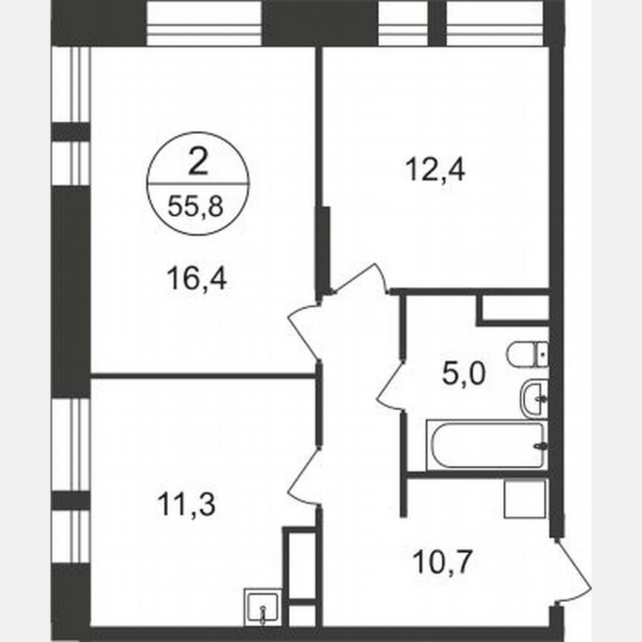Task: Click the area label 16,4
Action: click(x=197, y=280)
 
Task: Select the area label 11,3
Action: click(x=186, y=505)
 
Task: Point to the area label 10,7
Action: click(x=443, y=558)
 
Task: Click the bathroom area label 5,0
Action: click(x=464, y=374)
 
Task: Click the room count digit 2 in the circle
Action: click(x=197, y=162)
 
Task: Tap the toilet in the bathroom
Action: click(x=528, y=354)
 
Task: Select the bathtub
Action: click(x=487, y=444)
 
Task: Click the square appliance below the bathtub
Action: click(x=525, y=499)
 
